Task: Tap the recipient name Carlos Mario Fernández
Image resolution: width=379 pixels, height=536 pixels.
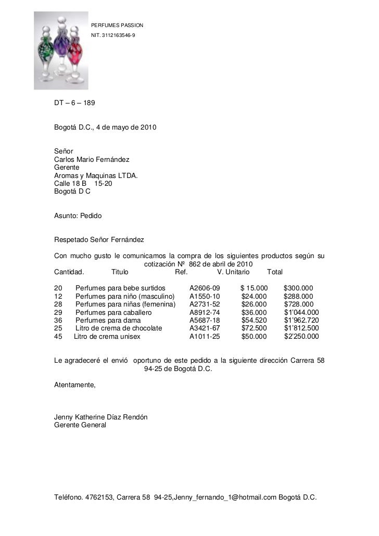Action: (x=92, y=159)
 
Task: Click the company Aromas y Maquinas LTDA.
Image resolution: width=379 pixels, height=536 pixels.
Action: (x=96, y=175)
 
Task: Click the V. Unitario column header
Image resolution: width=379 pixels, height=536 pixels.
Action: (x=233, y=272)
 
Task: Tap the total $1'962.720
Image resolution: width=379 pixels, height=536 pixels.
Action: (x=301, y=320)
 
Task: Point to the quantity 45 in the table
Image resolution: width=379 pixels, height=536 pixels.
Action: (x=58, y=337)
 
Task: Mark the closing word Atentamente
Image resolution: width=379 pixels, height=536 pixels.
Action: (x=75, y=386)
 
